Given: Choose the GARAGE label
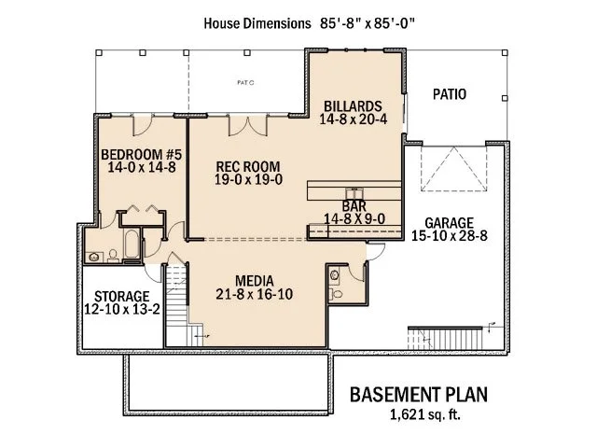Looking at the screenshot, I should pyautogui.click(x=451, y=223).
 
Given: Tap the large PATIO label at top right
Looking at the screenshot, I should pyautogui.click(x=450, y=94).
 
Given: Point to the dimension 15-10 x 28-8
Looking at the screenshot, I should pyautogui.click(x=451, y=237).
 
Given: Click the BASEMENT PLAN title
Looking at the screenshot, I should pyautogui.click(x=418, y=393).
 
